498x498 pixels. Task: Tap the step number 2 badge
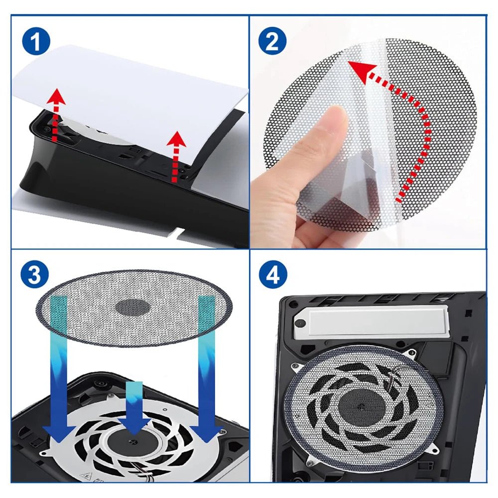point(272,43)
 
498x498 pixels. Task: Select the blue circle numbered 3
point(34,275)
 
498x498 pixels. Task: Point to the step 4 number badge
point(272,275)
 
